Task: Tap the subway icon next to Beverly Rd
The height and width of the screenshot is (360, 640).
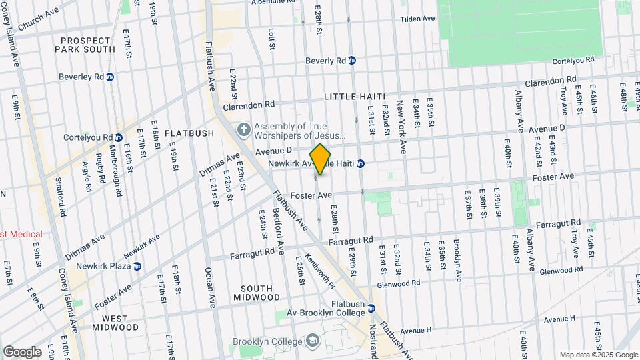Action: coord(352,61)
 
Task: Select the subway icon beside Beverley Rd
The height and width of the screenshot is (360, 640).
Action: coord(110,77)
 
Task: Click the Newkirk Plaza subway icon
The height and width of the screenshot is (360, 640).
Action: coord(137,266)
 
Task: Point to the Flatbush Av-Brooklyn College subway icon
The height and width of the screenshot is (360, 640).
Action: coord(372,308)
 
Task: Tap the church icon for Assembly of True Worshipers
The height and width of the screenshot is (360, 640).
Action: coord(244,129)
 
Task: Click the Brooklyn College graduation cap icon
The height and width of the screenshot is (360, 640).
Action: coord(311,342)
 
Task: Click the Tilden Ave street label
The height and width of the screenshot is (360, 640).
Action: coord(418,19)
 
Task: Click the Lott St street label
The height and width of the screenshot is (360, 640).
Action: coord(271,39)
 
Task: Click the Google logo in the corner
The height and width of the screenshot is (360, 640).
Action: coord(22,352)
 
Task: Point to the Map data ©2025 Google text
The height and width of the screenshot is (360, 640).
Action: coord(597,355)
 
